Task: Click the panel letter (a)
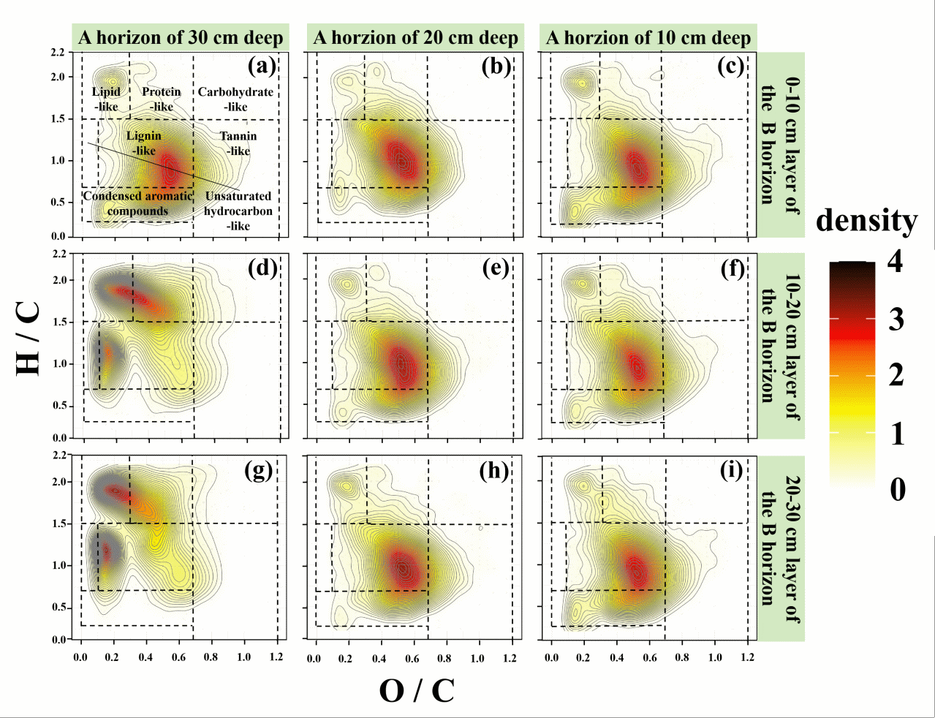pos(261,67)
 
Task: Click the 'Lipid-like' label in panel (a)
pos(106,99)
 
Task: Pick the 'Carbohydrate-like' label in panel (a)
pos(235,99)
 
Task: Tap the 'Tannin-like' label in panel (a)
pos(238,143)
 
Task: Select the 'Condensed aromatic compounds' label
pos(137,203)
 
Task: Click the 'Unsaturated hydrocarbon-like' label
pos(238,211)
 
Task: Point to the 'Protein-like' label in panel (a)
pos(162,99)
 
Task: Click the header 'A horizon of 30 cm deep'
pos(181,38)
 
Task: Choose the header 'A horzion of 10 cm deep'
pos(648,38)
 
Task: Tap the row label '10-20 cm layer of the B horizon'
pos(781,346)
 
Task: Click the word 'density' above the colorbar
pos(866,220)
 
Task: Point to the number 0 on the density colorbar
pos(897,488)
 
